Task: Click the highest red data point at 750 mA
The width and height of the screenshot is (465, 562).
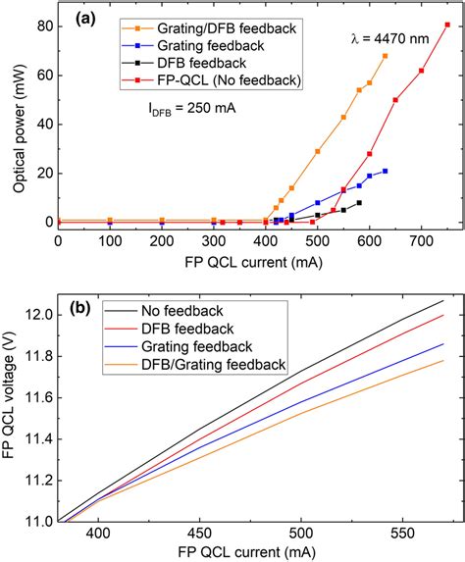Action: coord(447,26)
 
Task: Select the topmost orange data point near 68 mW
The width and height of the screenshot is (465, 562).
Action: coord(386,56)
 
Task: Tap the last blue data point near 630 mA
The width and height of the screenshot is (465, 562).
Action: coord(386,171)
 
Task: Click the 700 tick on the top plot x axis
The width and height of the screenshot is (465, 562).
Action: coord(421,239)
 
